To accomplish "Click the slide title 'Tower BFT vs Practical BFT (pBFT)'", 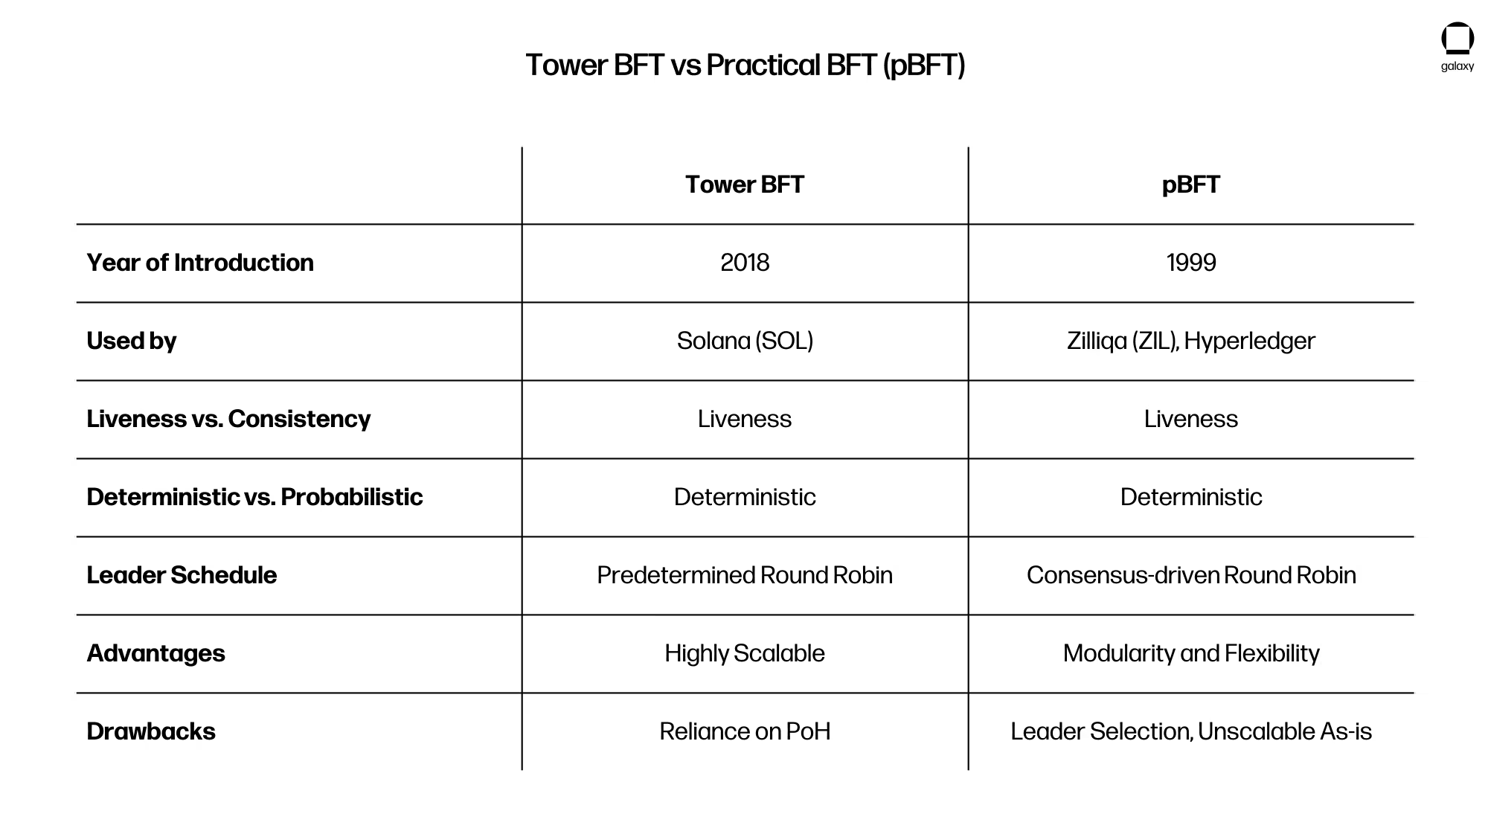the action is [745, 65].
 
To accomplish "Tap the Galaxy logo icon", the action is [1457, 39].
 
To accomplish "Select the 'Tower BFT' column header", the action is [745, 185].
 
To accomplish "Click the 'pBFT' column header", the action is [1191, 185].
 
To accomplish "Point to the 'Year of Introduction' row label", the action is [200, 263].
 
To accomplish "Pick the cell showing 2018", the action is [745, 263].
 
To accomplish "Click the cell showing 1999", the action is [1191, 263].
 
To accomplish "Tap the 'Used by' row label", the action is [132, 341].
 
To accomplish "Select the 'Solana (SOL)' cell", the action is [745, 341].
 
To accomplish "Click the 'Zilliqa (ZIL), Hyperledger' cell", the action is [1191, 341].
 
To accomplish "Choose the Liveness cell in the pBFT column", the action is [1191, 419].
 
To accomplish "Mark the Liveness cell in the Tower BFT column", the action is [745, 419].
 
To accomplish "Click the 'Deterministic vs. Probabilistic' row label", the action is [254, 497].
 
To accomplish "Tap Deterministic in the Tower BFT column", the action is [745, 497].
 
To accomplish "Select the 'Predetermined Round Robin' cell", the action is [745, 575].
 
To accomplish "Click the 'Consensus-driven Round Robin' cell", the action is [1191, 575].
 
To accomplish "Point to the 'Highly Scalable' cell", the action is [745, 653].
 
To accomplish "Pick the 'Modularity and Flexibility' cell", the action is [1191, 653].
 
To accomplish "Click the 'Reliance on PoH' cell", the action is [745, 731].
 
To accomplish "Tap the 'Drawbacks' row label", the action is [151, 731].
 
